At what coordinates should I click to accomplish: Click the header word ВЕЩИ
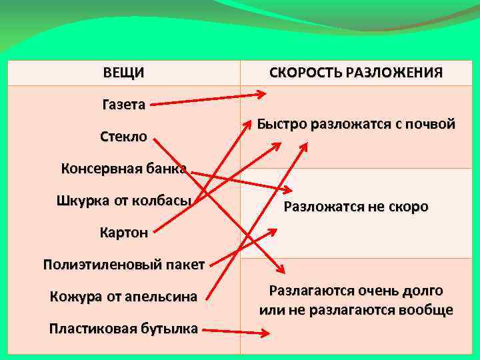coord(123,73)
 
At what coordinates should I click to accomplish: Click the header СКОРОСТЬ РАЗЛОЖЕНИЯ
coord(356,73)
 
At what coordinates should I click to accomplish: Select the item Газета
coord(123,104)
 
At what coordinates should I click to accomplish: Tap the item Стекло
coord(123,137)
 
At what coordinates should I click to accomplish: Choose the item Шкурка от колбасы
coord(124,200)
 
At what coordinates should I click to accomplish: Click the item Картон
coord(123,233)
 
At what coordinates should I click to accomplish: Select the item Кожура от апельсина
coord(123,297)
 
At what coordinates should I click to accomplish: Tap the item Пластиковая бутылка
coord(123,328)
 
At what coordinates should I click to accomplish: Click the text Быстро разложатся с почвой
coord(356,124)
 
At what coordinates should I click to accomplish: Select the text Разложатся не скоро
coord(356,207)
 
